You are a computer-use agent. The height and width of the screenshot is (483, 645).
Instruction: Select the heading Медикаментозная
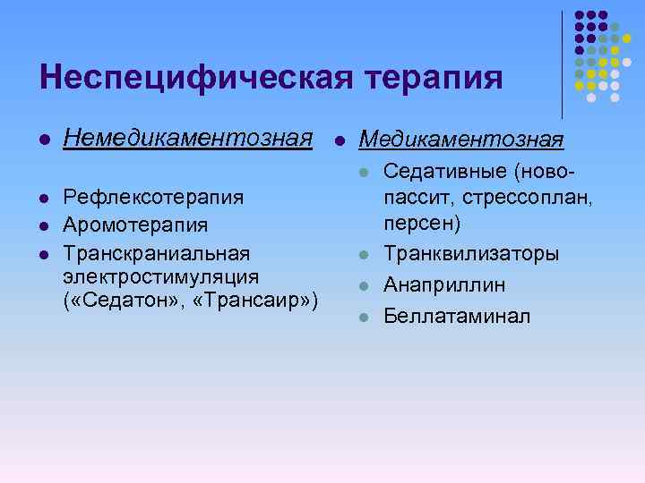click(460, 140)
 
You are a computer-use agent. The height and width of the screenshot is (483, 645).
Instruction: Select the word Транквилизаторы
click(471, 254)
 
